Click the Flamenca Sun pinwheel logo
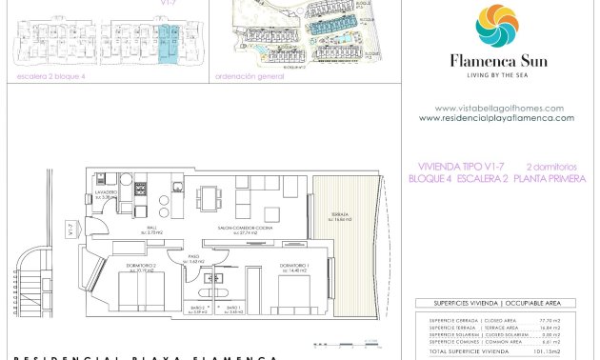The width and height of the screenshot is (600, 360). [x=497, y=27]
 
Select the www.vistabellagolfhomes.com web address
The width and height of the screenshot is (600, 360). [x=498, y=109]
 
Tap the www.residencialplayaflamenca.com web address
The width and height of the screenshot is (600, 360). [x=496, y=118]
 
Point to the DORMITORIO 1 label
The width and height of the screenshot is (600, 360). [x=293, y=266]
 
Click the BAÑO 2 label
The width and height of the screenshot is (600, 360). [x=198, y=309]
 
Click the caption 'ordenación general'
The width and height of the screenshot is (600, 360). [x=250, y=76]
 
